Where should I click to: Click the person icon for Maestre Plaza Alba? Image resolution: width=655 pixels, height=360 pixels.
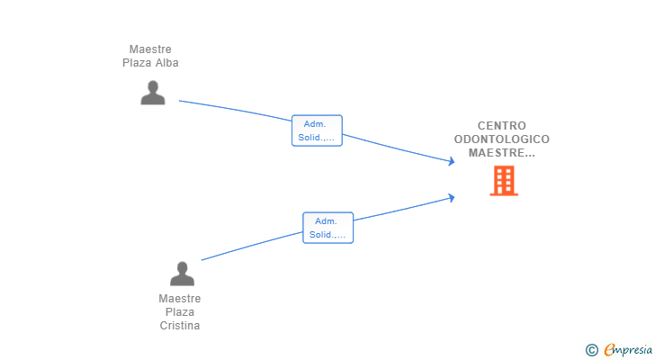153,93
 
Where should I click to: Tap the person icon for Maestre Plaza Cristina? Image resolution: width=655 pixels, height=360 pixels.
182,274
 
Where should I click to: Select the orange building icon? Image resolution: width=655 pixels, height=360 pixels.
504,180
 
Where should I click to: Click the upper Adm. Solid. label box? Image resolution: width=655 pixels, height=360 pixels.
317,130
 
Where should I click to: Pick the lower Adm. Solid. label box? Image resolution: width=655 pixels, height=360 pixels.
327,228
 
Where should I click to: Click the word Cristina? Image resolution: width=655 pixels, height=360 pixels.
180,325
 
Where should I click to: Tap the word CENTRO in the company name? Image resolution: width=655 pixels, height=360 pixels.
502,126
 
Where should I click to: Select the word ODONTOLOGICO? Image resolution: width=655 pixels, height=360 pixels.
502,139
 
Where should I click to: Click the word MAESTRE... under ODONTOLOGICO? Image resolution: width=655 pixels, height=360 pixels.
502,153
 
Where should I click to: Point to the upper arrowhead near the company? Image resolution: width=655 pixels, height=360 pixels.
451,161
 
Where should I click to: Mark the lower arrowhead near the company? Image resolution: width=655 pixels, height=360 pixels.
451,197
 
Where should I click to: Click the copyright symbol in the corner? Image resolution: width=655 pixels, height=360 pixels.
591,350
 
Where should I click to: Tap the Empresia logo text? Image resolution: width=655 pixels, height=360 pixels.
628,350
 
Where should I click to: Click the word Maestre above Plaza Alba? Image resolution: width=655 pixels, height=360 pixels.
150,49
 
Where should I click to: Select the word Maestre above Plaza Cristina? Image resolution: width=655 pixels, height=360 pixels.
180,299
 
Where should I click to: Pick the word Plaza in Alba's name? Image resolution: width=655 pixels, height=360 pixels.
138,63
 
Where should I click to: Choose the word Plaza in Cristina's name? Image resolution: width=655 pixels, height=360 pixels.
180,312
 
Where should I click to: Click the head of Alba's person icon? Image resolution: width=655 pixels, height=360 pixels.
153,86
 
